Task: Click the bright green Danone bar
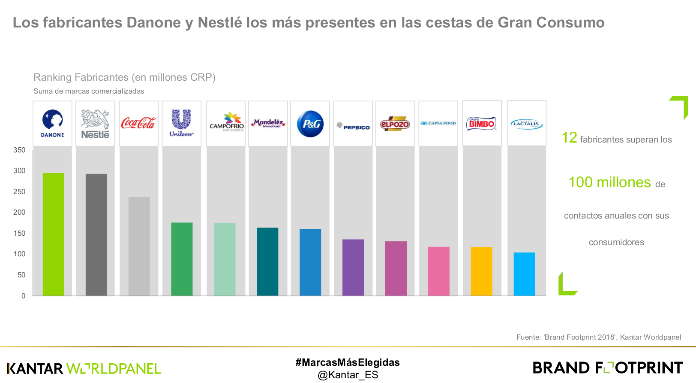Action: [x=54, y=234]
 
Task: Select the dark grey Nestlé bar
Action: [x=96, y=234]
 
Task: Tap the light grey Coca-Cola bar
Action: [x=139, y=246]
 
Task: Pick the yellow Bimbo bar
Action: [x=482, y=271]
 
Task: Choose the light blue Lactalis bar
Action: [x=524, y=274]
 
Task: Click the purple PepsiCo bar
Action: [x=353, y=267]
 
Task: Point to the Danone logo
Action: [x=53, y=123]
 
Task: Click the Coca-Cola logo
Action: [x=138, y=123]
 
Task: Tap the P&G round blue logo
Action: [x=310, y=124]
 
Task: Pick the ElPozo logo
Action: [x=395, y=124]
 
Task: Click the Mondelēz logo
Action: [x=268, y=123]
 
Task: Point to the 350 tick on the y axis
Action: [x=19, y=150]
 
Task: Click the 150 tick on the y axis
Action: [x=19, y=233]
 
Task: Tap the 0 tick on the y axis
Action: [x=23, y=296]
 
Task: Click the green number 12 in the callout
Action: [x=569, y=138]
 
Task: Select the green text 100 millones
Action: [x=609, y=182]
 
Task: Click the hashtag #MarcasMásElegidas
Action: [x=348, y=362]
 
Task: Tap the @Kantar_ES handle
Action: [x=348, y=375]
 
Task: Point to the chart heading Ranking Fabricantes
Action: [x=124, y=77]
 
